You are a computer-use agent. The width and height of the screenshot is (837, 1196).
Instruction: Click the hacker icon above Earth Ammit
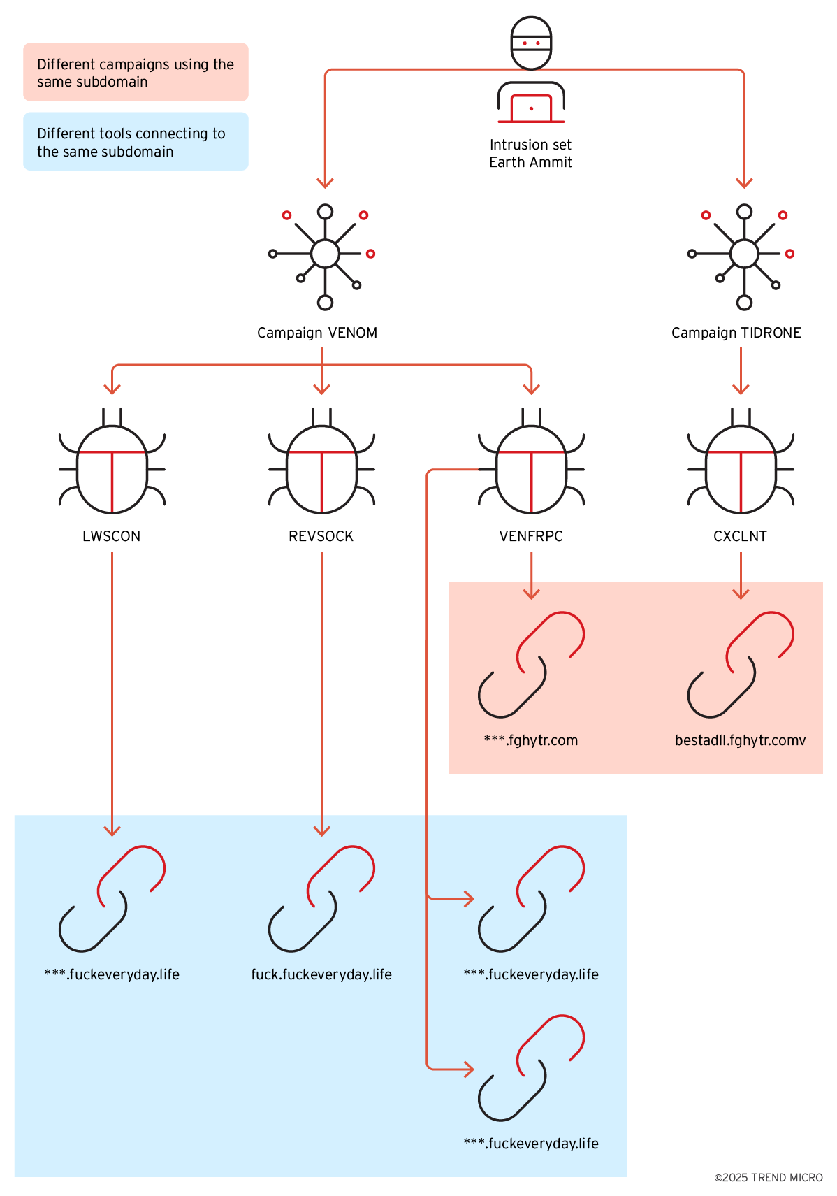[531, 70]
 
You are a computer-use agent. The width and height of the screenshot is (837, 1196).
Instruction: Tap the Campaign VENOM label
[317, 333]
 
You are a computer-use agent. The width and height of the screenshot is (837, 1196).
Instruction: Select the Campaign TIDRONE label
[736, 333]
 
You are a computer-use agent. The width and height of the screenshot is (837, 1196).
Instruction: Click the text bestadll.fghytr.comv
[741, 740]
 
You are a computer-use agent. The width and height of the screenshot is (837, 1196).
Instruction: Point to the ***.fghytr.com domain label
[531, 740]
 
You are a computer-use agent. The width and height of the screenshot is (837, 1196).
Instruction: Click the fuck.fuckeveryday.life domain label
[321, 974]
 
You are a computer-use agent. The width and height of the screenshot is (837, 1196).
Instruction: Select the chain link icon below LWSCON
[112, 899]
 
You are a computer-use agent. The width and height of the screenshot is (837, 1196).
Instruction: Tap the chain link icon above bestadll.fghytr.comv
[741, 665]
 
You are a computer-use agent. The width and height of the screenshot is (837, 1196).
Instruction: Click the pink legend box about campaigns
[136, 72]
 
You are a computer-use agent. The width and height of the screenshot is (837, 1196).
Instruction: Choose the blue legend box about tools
[136, 141]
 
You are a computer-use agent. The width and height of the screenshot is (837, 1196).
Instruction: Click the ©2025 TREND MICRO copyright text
[769, 1178]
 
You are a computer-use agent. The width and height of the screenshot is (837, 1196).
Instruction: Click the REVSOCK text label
[321, 536]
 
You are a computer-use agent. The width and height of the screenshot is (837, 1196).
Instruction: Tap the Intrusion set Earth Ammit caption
[531, 154]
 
